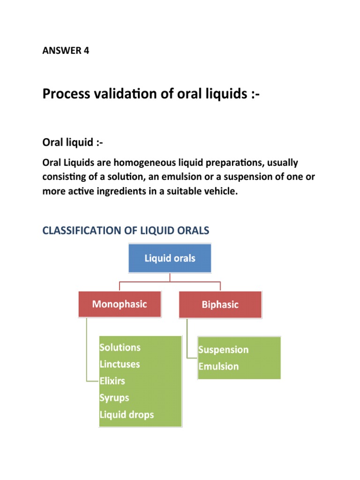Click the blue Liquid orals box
tap(170, 258)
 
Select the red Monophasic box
tap(120, 304)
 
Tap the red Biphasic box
tap(220, 305)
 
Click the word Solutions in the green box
tap(120, 347)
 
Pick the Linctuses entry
tap(120, 364)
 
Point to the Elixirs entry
tap(112, 381)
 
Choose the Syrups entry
tap(114, 398)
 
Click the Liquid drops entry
tap(127, 415)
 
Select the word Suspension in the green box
tap(223, 350)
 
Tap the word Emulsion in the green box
tap(218, 367)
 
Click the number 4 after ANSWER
tap(86, 51)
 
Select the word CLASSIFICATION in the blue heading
tap(81, 230)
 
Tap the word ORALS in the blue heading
tap(191, 230)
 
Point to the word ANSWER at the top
tap(60, 51)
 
